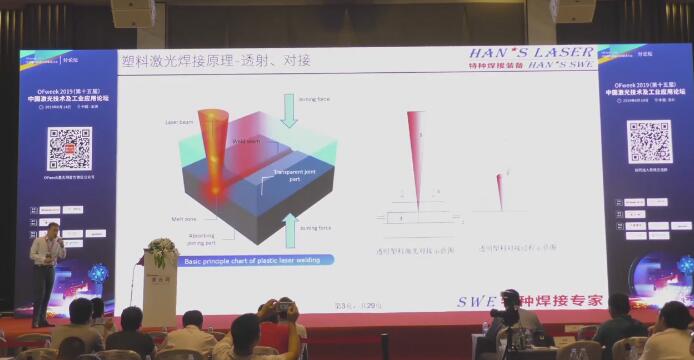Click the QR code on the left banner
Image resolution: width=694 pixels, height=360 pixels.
pyautogui.click(x=69, y=147)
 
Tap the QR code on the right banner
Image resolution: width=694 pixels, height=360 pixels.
pyautogui.click(x=648, y=142)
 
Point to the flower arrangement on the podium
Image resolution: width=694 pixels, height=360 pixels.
pyautogui.click(x=161, y=252)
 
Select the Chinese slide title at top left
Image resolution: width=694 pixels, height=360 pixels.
pyautogui.click(x=215, y=60)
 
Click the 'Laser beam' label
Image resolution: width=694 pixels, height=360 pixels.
pyautogui.click(x=179, y=123)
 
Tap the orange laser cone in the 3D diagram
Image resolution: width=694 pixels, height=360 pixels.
pyautogui.click(x=213, y=145)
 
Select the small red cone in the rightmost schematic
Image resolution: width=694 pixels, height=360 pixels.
pyautogui.click(x=500, y=187)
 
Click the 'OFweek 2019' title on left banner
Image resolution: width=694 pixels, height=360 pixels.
pyautogui.click(x=69, y=90)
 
